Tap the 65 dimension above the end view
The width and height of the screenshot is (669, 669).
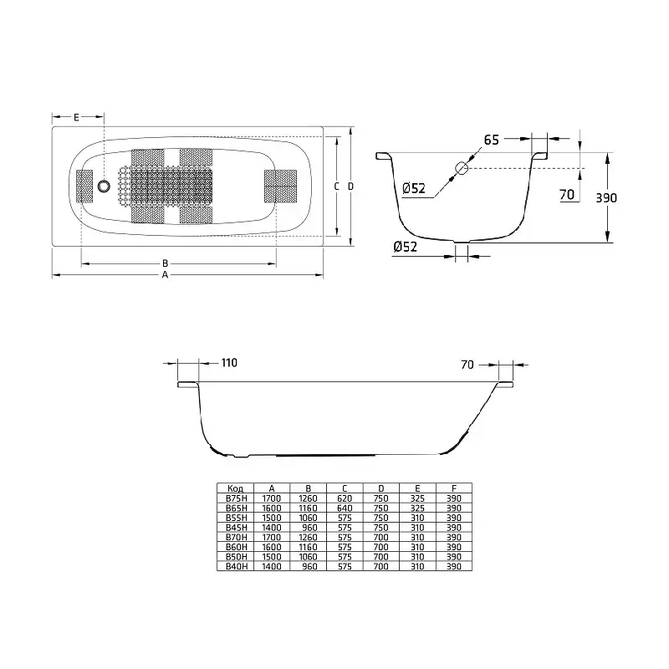pos(491,140)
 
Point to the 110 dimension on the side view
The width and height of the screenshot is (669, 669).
pos(229,363)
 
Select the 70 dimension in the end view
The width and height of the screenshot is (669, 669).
pos(566,195)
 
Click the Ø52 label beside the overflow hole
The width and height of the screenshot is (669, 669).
pos(415,188)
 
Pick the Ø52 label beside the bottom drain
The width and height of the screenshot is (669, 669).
pos(405,246)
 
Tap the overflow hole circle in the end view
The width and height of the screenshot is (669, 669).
pos(459,168)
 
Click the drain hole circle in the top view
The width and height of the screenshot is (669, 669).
pos(104,186)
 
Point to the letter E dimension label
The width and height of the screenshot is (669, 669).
pos(76,117)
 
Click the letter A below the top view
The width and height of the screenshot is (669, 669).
pos(165,273)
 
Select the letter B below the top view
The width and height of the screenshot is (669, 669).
pos(165,262)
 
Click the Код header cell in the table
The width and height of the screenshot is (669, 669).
pos(234,488)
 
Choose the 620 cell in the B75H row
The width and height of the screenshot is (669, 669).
pos(345,498)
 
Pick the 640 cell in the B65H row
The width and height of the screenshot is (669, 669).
pos(345,508)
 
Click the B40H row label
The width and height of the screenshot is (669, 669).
pos(234,566)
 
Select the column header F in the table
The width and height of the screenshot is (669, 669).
pos(454,488)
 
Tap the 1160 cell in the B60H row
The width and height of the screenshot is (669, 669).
pos(309,547)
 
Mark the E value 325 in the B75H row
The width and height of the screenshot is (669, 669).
pos(417,498)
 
